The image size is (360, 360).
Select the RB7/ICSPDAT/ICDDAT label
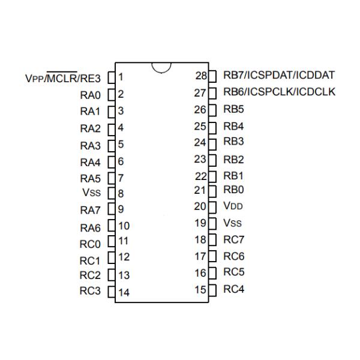pyautogui.click(x=278, y=76)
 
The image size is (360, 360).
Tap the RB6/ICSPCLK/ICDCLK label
pyautogui.click(x=279, y=92)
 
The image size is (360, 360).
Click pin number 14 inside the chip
pyautogui.click(x=124, y=293)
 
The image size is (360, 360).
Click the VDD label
pyautogui.click(x=234, y=206)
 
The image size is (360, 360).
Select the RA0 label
pyautogui.click(x=89, y=94)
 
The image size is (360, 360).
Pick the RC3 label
pyautogui.click(x=89, y=292)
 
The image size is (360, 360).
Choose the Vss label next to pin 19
pyautogui.click(x=233, y=223)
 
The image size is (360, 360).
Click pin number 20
pyautogui.click(x=200, y=206)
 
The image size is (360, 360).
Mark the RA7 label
pyautogui.click(x=89, y=211)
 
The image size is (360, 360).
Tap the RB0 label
pyautogui.click(x=234, y=190)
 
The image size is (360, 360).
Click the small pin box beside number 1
pyautogui.click(x=110, y=77)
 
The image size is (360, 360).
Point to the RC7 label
pyautogui.click(x=234, y=239)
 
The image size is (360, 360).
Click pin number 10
pyautogui.click(x=124, y=226)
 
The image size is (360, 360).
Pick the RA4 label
pyautogui.click(x=89, y=162)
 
